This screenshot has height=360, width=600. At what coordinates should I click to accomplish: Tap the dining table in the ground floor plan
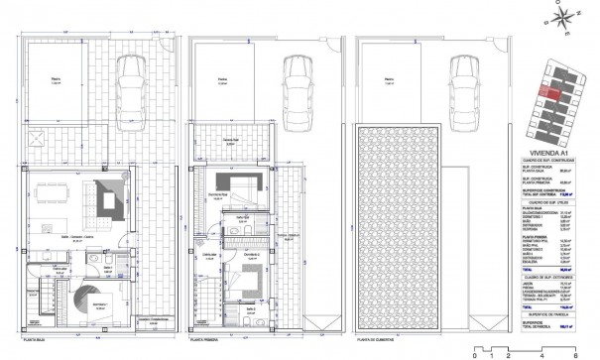tap(51, 196)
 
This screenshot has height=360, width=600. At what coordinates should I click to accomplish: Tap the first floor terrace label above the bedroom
tap(234, 143)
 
